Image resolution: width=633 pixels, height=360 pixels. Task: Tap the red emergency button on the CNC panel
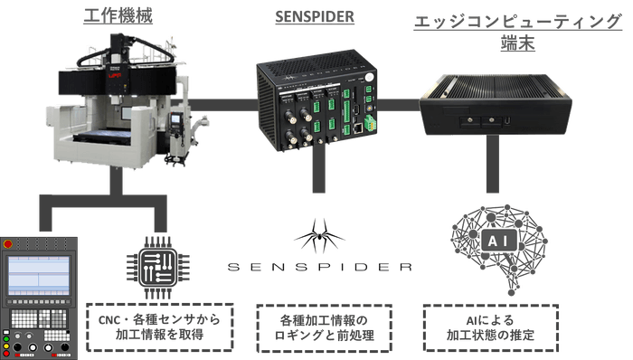[8, 244]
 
